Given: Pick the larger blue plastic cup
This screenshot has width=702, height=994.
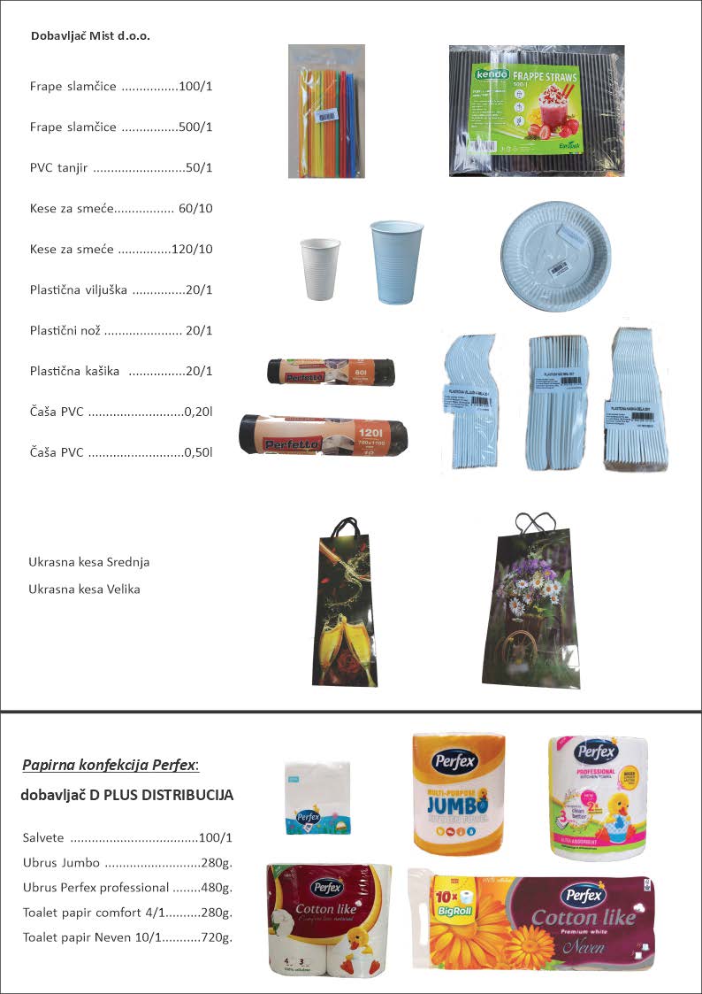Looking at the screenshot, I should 396,261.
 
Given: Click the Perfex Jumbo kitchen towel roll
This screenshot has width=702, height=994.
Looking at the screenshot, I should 459,793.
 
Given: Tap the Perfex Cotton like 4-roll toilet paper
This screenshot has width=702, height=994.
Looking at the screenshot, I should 328,919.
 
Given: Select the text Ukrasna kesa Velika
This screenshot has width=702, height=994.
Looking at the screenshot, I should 84,589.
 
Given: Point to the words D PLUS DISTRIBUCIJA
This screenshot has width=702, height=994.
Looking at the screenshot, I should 162,795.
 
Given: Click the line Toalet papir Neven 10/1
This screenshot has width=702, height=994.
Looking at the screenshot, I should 127,936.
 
